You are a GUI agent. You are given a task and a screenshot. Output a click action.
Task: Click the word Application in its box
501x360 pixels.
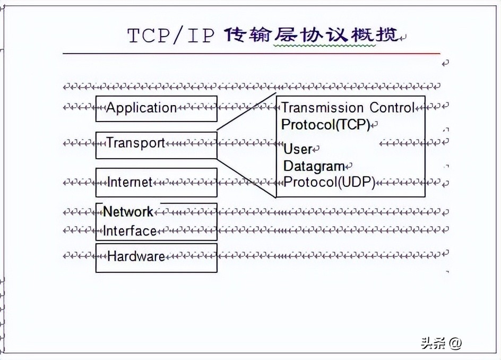tap(141, 108)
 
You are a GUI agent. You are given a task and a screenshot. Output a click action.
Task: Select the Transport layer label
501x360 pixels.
tap(136, 143)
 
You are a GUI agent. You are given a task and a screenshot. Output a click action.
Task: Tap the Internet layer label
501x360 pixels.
tap(130, 182)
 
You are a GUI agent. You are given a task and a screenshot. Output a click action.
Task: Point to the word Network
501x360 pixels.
tap(128, 212)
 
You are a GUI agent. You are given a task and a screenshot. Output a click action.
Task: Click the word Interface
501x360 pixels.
tap(130, 231)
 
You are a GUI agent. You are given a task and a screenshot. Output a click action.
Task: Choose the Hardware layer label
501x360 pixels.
tap(136, 256)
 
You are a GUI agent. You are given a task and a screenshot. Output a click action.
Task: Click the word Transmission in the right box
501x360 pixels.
tap(323, 108)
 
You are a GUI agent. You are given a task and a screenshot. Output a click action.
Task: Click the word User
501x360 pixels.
tap(298, 149)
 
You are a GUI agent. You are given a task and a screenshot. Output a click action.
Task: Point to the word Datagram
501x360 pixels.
tap(314, 166)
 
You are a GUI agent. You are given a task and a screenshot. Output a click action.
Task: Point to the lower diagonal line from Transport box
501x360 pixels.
tap(247, 178)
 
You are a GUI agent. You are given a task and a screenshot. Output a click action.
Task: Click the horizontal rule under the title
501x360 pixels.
tap(252, 54)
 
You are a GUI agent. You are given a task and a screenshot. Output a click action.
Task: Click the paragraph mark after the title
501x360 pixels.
tap(403, 37)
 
